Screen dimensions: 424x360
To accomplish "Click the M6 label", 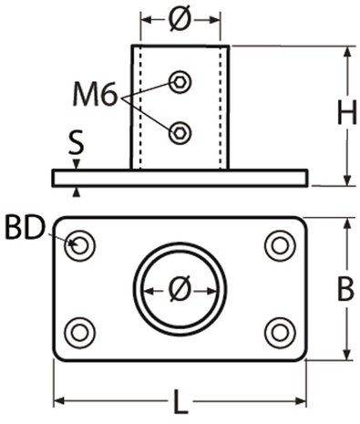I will [x=96, y=94].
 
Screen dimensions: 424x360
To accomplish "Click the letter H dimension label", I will [x=345, y=113].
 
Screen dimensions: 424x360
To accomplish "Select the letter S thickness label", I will [x=77, y=142].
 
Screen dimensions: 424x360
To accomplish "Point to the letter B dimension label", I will [x=345, y=289].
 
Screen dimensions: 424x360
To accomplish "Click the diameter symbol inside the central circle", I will [x=180, y=289].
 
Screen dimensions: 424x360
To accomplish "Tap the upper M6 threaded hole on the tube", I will [x=180, y=80].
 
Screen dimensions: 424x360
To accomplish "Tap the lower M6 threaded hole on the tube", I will [x=180, y=131].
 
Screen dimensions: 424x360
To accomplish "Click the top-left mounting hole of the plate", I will [x=82, y=244].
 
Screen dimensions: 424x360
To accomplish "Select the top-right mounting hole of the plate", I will [x=277, y=244].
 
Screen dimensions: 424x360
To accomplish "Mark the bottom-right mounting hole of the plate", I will [x=277, y=331].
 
